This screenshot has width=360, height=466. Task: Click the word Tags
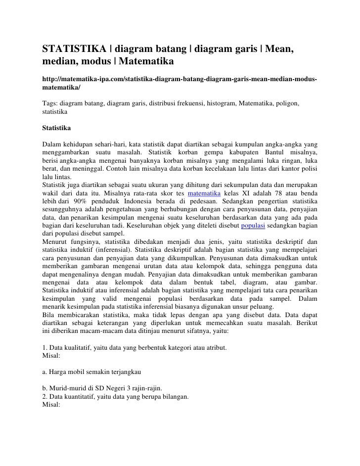(x=49, y=104)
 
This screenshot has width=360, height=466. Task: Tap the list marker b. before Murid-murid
(x=45, y=388)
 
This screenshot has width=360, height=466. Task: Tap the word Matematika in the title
(x=143, y=62)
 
